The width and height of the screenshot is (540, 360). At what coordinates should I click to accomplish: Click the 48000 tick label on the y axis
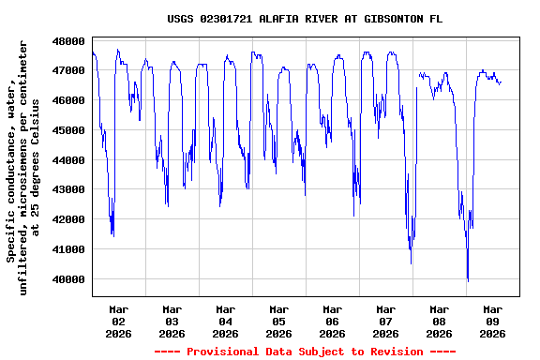[x=68, y=41]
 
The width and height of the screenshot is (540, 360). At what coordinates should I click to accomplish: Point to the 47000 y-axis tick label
[x=68, y=70]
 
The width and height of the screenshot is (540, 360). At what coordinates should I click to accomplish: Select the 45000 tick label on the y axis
[x=68, y=130]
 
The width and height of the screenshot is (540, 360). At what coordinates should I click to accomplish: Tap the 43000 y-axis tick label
[x=68, y=190]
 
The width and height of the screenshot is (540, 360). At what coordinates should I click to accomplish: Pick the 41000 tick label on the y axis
[x=68, y=249]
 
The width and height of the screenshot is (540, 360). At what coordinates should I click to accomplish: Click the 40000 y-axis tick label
[x=68, y=279]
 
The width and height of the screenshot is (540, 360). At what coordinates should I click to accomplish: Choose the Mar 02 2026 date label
[x=118, y=321]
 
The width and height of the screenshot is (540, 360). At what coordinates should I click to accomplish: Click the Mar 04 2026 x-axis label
[x=225, y=321]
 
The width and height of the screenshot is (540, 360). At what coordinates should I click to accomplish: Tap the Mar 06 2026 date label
[x=332, y=321]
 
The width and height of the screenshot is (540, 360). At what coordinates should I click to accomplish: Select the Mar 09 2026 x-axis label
[x=492, y=321]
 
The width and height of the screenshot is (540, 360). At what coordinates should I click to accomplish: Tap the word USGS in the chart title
[x=181, y=19]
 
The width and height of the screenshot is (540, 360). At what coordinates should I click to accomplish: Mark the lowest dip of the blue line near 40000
[x=468, y=279]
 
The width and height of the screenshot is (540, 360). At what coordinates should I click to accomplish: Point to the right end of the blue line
[x=501, y=82]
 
